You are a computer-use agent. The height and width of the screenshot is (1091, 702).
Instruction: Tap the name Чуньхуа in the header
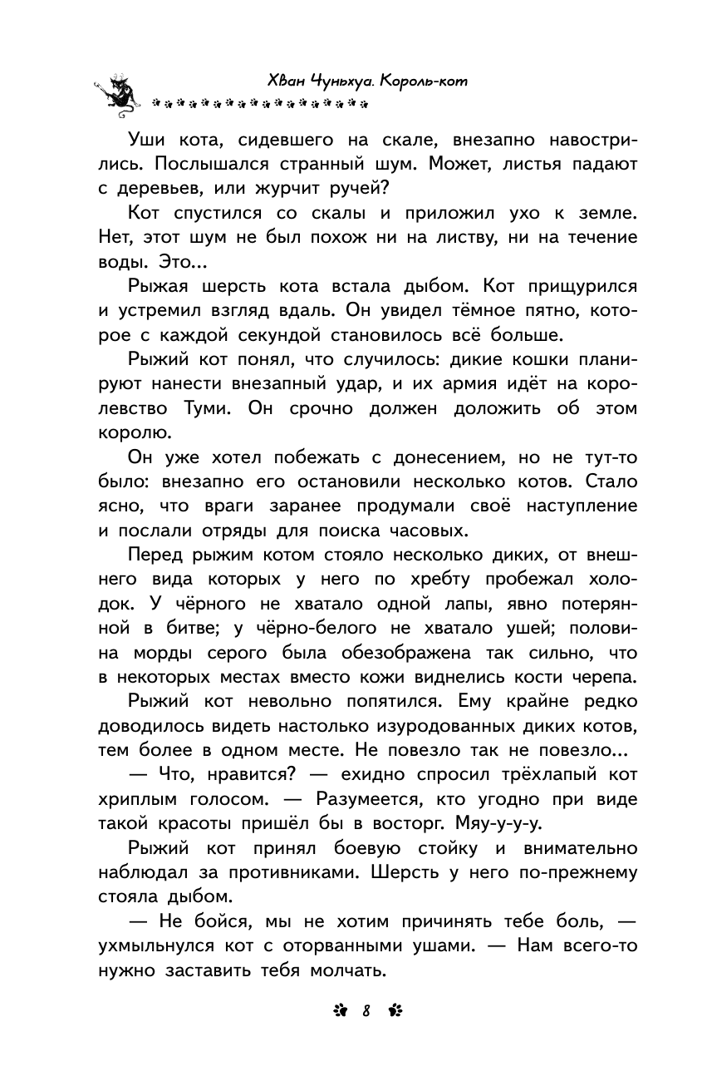[x=337, y=81]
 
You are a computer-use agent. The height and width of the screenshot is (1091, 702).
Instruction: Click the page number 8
[x=365, y=1011]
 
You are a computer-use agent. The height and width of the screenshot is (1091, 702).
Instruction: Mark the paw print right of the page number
[x=394, y=1011]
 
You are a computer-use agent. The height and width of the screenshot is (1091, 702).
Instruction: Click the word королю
[x=135, y=433]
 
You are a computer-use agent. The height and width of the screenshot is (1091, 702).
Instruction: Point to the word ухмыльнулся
[x=159, y=946]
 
